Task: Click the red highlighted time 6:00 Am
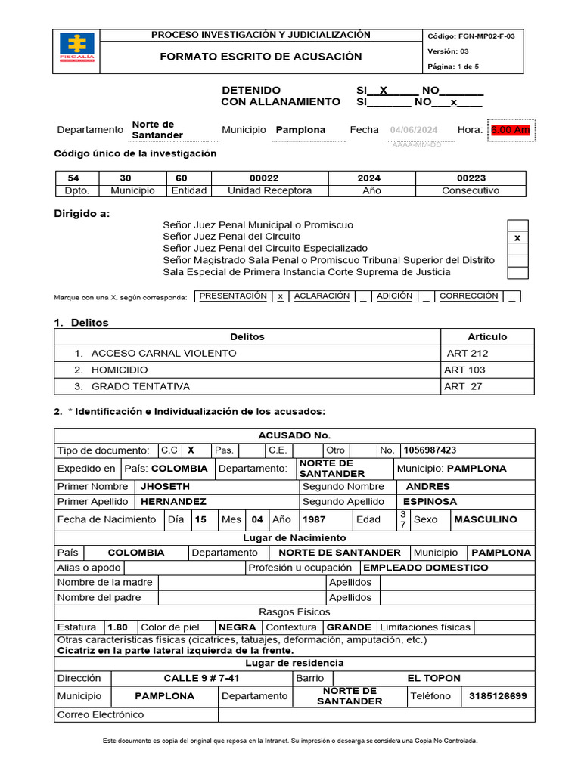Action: click(510, 130)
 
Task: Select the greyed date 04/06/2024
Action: click(414, 130)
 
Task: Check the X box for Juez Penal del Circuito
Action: click(517, 237)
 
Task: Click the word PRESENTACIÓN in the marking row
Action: click(232, 296)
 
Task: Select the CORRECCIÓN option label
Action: click(468, 296)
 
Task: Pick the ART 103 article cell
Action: click(465, 370)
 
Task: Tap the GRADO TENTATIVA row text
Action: click(140, 386)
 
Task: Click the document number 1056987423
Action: click(430, 450)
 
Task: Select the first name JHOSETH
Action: click(165, 486)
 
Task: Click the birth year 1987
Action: click(314, 519)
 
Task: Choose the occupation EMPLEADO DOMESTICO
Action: click(426, 567)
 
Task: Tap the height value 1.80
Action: click(118, 627)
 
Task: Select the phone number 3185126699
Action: click(498, 695)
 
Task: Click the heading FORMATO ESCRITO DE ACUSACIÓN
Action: click(260, 57)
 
